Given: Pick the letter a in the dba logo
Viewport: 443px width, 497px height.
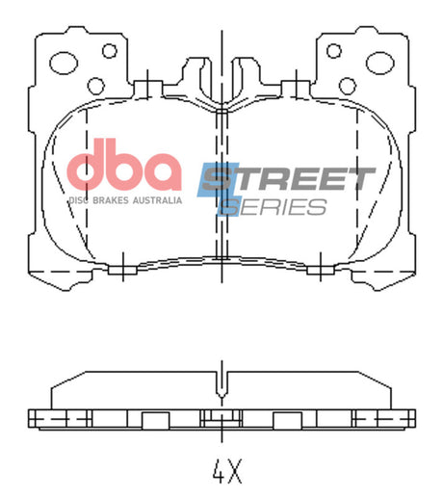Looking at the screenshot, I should pos(162,172).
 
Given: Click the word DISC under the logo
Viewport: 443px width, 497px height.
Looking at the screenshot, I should pos(78,200).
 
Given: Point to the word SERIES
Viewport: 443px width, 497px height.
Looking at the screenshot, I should pos(274,205).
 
